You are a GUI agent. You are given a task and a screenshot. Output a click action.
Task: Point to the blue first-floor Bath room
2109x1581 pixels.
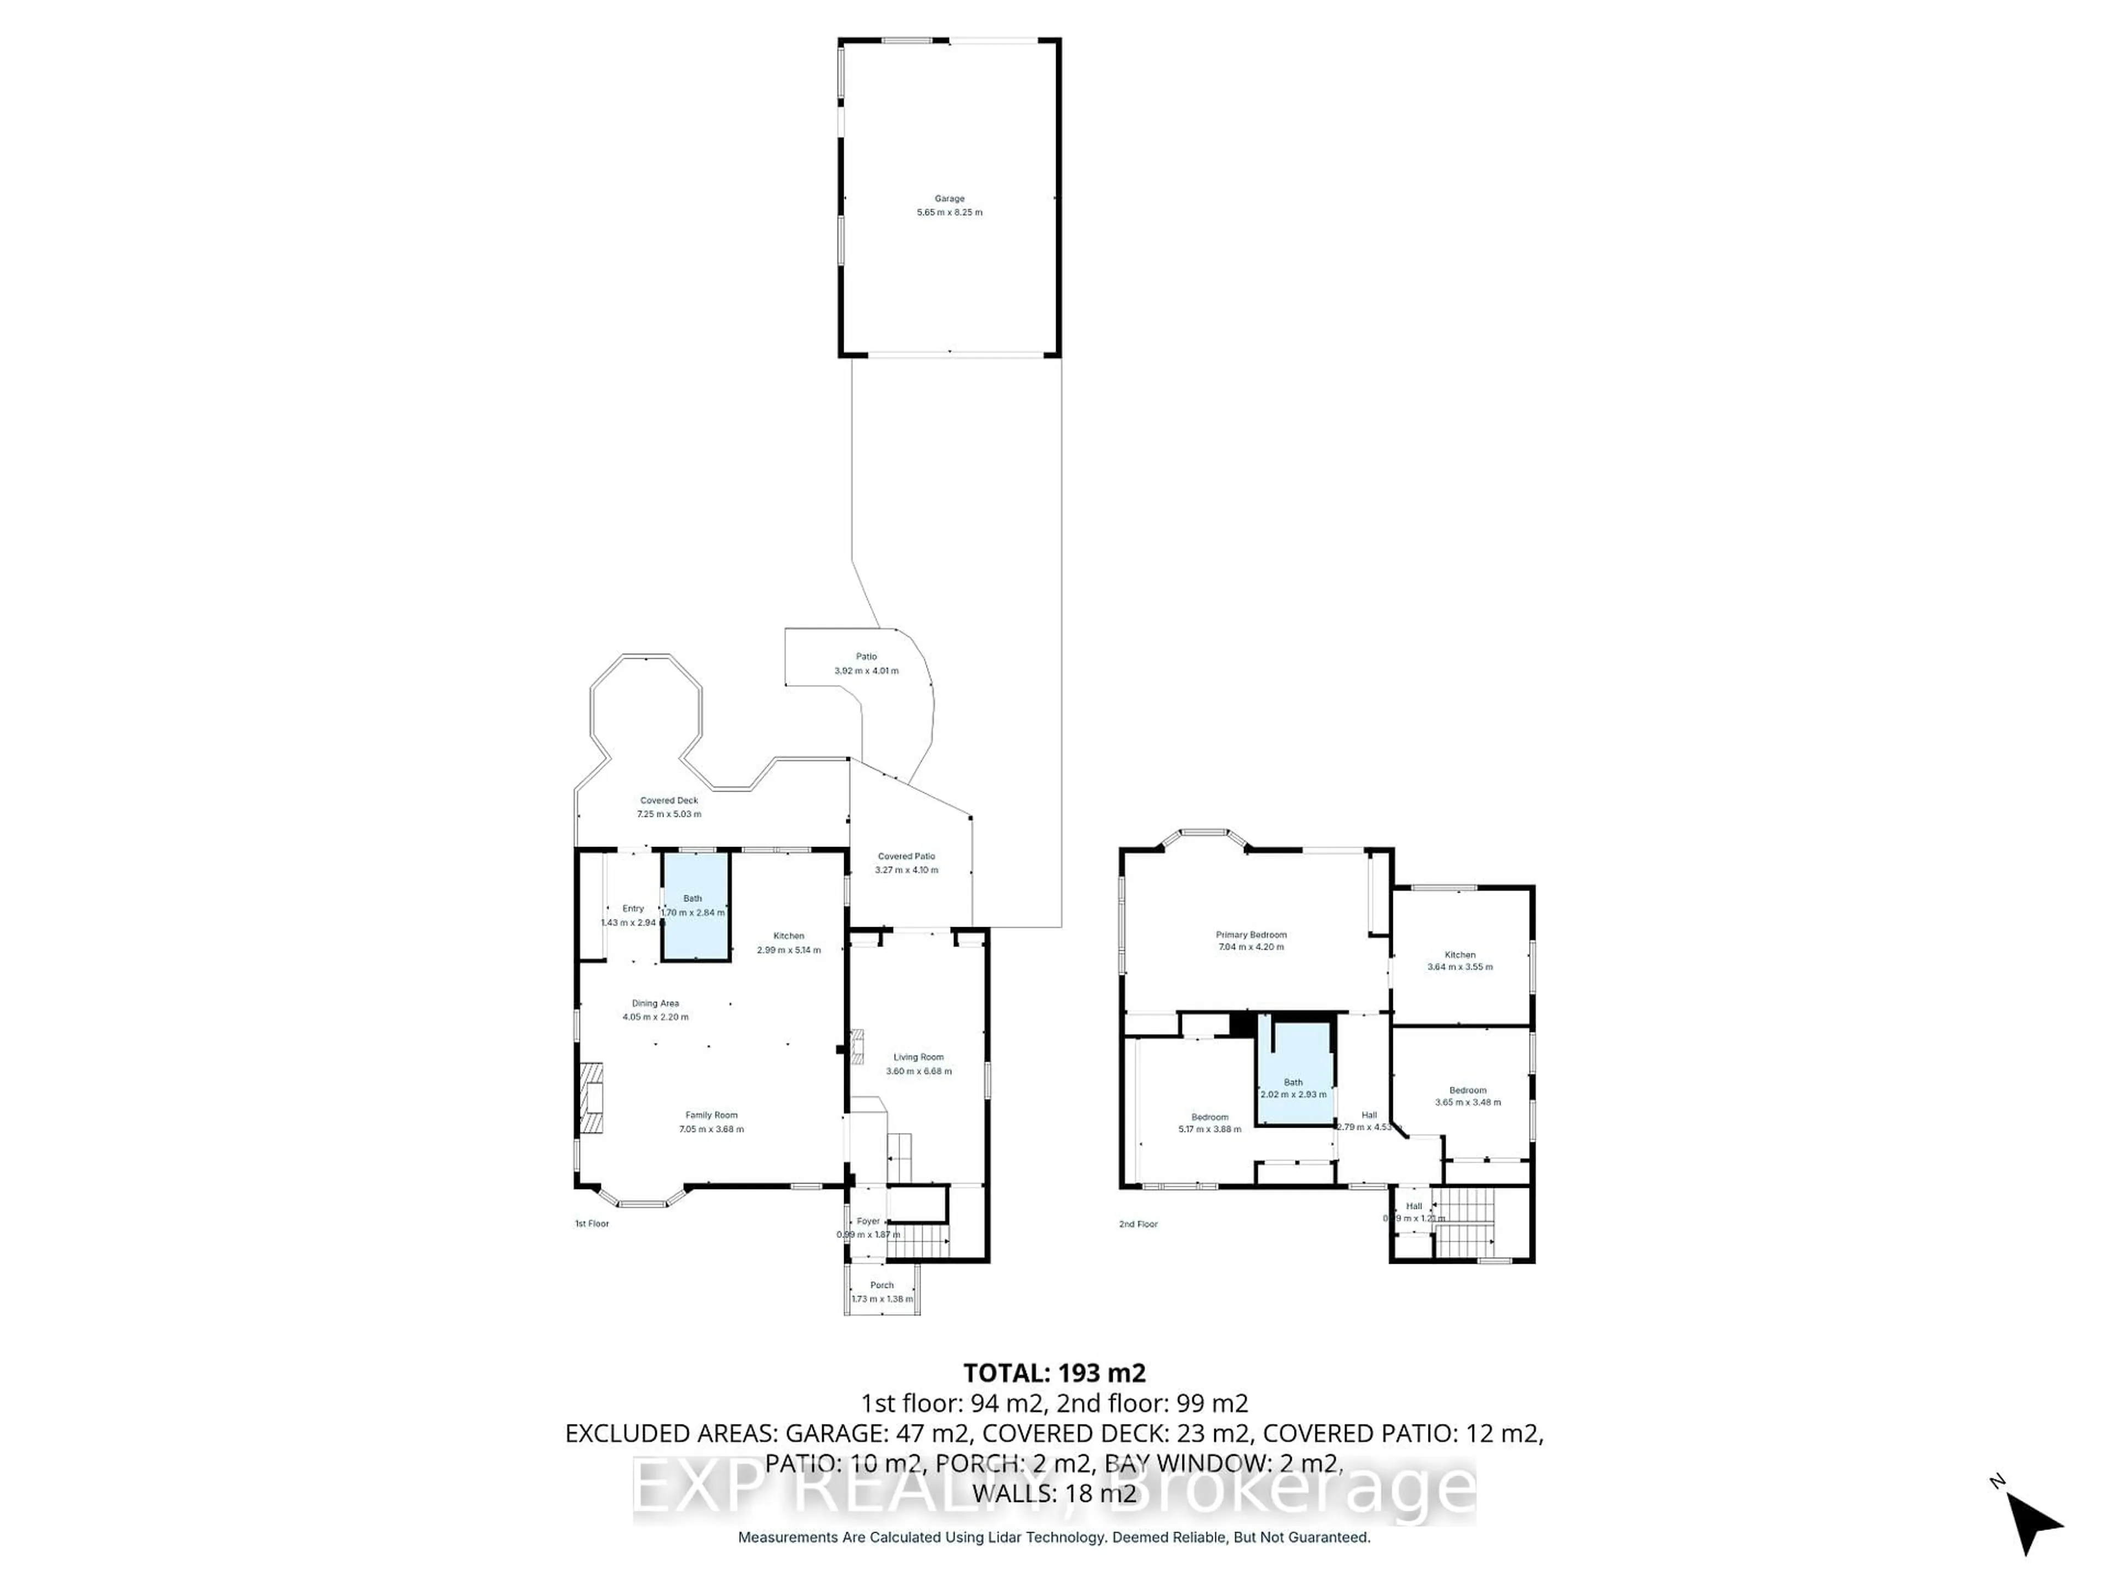pyautogui.click(x=696, y=905)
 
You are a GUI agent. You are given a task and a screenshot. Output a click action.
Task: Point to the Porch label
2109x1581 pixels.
pyautogui.click(x=882, y=1285)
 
